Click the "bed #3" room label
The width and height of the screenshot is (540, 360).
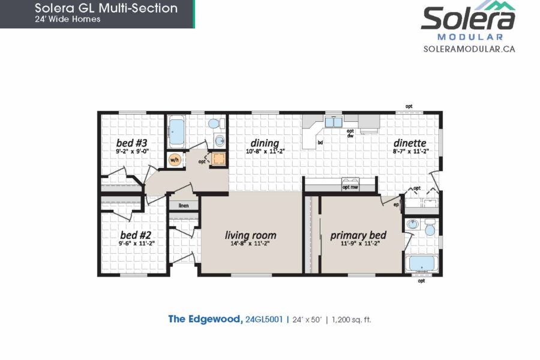pyautogui.click(x=131, y=143)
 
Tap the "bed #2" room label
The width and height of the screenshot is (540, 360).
pyautogui.click(x=136, y=235)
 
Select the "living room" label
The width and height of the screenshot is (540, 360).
pyautogui.click(x=250, y=235)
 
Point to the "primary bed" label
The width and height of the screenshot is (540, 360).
pyautogui.click(x=358, y=235)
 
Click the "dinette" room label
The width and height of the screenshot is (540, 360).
pyautogui.click(x=410, y=143)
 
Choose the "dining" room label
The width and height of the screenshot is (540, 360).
pyautogui.click(x=265, y=143)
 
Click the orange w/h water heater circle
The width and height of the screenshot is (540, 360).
pyautogui.click(x=175, y=160)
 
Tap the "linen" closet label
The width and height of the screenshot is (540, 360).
pyautogui.click(x=184, y=206)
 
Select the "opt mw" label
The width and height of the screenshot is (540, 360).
pyautogui.click(x=350, y=187)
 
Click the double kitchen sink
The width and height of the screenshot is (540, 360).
pyautogui.click(x=333, y=122)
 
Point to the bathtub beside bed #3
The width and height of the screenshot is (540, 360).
pyautogui.click(x=176, y=131)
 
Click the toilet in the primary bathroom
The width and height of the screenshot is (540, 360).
pyautogui.click(x=430, y=227)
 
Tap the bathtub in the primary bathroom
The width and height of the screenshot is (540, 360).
pyautogui.click(x=422, y=264)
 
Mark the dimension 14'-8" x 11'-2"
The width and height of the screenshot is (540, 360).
pyautogui.click(x=250, y=244)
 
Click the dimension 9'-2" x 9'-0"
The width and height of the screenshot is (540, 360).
pyautogui.click(x=132, y=151)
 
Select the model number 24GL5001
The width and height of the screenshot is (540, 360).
pyautogui.click(x=264, y=319)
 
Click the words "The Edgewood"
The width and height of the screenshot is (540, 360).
pyautogui.click(x=205, y=319)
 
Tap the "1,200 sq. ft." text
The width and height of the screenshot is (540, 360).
pyautogui.click(x=351, y=320)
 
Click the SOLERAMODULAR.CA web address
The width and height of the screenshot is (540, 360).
pyautogui.click(x=469, y=49)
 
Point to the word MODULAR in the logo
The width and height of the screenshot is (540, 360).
pyautogui.click(x=470, y=37)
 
